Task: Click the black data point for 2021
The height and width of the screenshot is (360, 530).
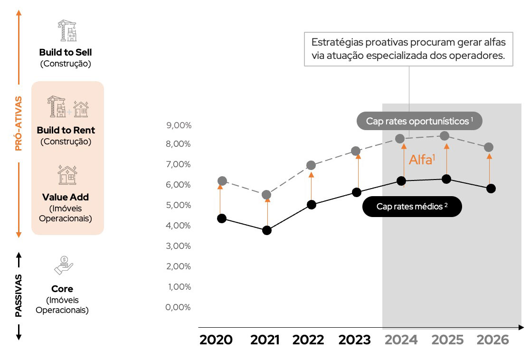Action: [x=267, y=230]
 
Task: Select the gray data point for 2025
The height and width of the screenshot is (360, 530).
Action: [x=445, y=136]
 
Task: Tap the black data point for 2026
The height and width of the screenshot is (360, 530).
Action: [x=491, y=189]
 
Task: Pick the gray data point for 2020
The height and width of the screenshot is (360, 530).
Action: [x=222, y=181]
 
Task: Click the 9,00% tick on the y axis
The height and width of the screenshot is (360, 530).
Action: [x=179, y=125]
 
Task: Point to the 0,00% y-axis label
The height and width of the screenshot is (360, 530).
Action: [x=179, y=307]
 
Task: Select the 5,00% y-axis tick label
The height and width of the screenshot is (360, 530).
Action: [x=179, y=205]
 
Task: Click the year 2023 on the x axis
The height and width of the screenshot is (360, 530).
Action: [x=354, y=340]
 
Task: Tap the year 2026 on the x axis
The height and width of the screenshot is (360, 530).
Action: [x=492, y=340]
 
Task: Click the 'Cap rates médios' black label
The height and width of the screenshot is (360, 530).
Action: [x=412, y=207]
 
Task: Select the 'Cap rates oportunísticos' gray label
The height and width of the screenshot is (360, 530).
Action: [x=419, y=121]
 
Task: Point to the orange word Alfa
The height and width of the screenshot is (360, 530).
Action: [x=420, y=160]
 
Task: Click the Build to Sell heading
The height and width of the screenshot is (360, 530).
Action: [x=66, y=52]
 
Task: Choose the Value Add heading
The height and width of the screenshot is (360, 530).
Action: [x=66, y=197]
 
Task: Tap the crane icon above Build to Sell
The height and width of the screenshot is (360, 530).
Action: [x=66, y=30]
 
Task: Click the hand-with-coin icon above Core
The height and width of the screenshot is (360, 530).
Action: [x=64, y=265]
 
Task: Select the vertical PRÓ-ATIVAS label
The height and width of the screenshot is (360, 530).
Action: [x=19, y=123]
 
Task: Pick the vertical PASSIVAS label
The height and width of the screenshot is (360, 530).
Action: [x=19, y=295]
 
